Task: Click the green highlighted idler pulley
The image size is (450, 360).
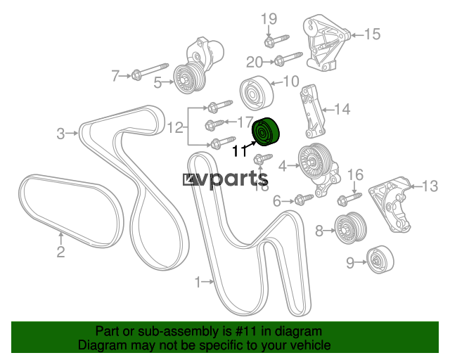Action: click(x=266, y=131)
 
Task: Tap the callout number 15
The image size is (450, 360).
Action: click(x=371, y=33)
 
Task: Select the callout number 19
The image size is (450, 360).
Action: click(x=270, y=18)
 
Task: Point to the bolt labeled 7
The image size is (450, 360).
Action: click(x=146, y=75)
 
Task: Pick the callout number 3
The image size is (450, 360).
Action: click(x=60, y=133)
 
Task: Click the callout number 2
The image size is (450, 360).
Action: click(x=60, y=251)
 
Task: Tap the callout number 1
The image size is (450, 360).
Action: click(x=199, y=283)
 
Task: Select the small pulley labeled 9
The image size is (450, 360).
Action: click(x=380, y=261)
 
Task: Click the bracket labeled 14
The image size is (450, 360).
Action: click(x=312, y=112)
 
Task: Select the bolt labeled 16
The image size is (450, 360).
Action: click(x=349, y=197)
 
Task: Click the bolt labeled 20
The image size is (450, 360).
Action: click(x=287, y=57)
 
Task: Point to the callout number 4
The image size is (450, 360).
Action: click(x=283, y=167)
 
